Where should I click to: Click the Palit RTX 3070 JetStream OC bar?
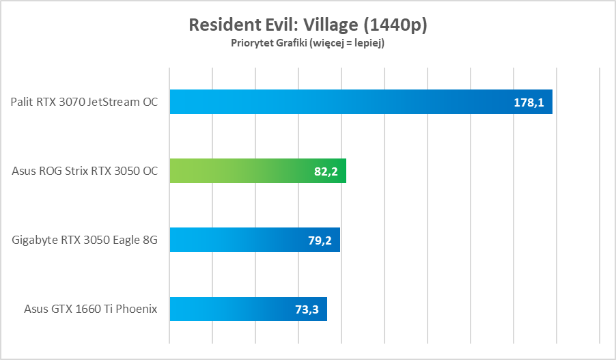pos(361,102)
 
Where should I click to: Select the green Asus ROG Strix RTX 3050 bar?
pos(257,171)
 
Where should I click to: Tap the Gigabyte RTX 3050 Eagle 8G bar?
pos(255,240)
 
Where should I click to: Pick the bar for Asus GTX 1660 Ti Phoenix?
pos(248,309)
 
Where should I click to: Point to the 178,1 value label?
pos(529,102)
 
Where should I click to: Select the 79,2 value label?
pos(321,240)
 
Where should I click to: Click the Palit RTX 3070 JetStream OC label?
pos(84,102)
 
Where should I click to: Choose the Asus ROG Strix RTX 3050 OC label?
pos(85,171)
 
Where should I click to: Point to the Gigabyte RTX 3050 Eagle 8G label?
pos(85,240)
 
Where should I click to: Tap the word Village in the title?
pos(331,25)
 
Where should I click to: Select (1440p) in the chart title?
pos(396,25)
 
